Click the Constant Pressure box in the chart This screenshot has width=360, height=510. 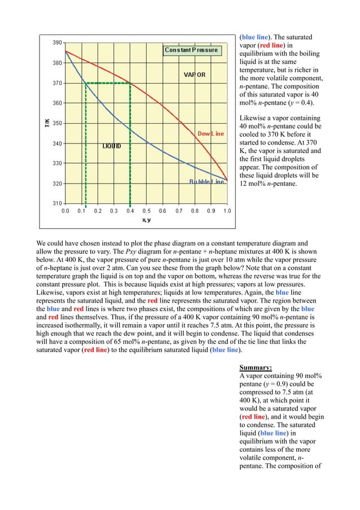[191, 50]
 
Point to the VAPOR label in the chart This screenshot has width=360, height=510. [195, 75]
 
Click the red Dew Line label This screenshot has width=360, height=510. [210, 133]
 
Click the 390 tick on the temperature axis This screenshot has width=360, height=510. [57, 43]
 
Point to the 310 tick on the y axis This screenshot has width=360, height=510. [57, 203]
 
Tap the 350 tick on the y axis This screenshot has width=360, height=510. [57, 123]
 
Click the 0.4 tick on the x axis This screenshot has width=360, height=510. [130, 211]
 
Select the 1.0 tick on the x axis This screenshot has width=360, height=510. [227, 211]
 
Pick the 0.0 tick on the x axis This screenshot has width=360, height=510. [65, 211]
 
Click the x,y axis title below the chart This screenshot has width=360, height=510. [146, 220]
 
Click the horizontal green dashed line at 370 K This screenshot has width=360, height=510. [107, 83]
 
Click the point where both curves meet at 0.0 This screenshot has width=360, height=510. [66, 51]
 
